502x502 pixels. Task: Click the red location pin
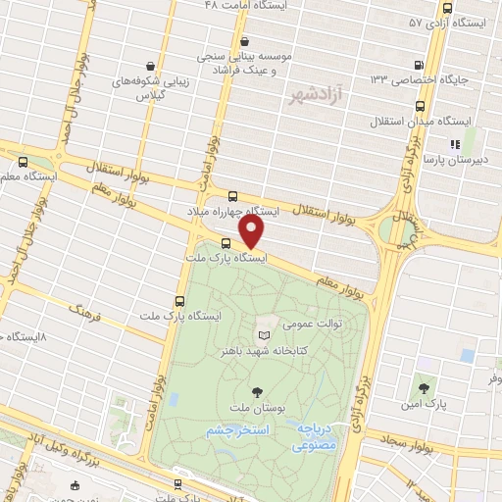[x=252, y=231]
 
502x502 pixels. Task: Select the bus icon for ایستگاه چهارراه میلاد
[x=232, y=195]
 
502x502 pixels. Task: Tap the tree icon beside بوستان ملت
[x=257, y=392]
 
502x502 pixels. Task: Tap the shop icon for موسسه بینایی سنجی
[x=244, y=42]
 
